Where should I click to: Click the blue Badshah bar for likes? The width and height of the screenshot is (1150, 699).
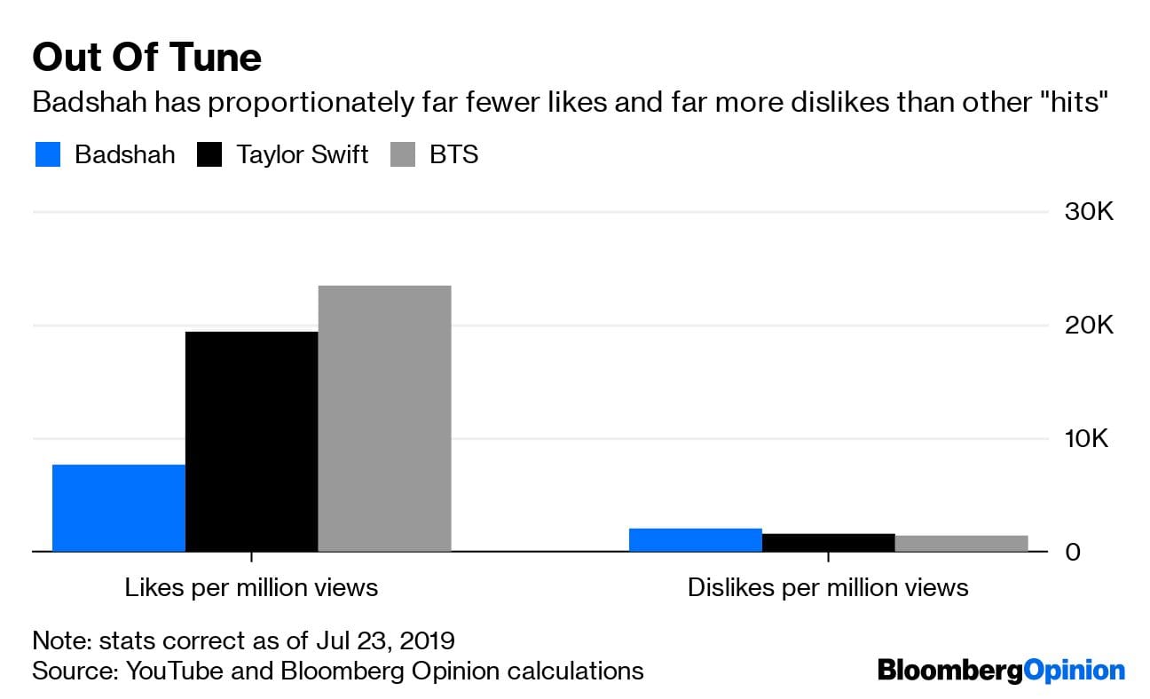click(119, 507)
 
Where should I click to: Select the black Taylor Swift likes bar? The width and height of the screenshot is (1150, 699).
click(251, 441)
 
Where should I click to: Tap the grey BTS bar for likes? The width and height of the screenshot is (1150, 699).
click(384, 418)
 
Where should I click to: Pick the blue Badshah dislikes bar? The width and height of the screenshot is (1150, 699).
click(695, 539)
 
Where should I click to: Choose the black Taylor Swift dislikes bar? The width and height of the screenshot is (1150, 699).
click(828, 542)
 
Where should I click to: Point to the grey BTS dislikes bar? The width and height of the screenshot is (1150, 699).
click(961, 543)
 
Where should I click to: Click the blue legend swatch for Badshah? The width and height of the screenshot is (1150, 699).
click(48, 155)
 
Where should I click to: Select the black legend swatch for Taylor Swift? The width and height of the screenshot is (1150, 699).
click(209, 155)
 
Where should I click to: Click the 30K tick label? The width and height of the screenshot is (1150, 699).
click(1088, 213)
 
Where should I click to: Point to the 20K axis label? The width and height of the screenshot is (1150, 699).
click(1088, 326)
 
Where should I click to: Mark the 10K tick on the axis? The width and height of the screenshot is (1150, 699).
click(1088, 439)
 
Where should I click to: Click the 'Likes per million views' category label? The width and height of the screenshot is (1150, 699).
click(251, 587)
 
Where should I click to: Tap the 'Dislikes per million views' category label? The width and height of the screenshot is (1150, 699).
click(828, 587)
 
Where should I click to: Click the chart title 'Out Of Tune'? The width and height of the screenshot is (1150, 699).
click(146, 59)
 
